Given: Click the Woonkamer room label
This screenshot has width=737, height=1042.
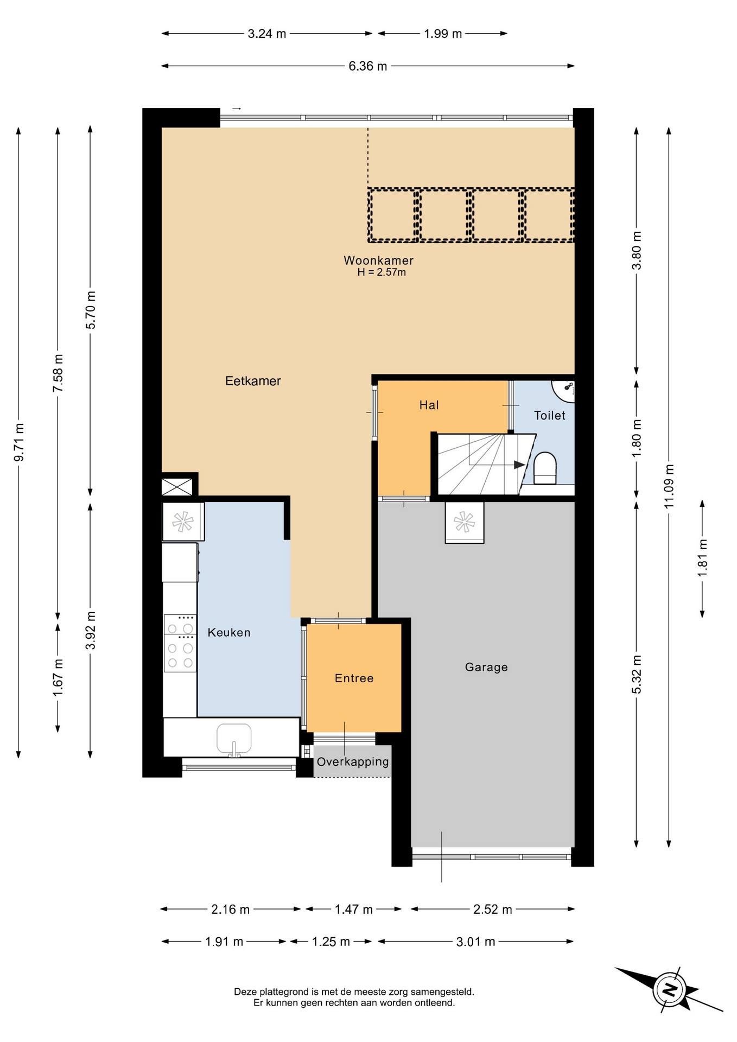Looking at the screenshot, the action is pos(378,260).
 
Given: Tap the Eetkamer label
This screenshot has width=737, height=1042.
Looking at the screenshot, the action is pos(253,381).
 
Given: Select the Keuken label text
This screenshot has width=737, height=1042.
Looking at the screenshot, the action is pos(229,632).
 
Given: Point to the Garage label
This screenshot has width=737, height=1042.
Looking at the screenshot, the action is pos(486,667).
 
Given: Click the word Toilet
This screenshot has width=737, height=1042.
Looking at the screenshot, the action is pos(550,416).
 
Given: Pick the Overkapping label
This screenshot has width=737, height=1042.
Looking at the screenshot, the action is pos(353,762).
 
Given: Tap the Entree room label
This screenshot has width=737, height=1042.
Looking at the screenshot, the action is pos(354,678).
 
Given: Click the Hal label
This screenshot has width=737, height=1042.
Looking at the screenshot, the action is pos(429,405).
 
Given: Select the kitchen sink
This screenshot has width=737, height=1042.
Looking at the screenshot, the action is pos(234,739).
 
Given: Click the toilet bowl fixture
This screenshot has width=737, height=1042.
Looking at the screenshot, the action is pos(545,468).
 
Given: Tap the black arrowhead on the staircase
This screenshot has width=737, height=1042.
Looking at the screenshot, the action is pos(519,465).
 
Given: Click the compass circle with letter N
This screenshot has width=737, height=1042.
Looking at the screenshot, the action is pos(670,990).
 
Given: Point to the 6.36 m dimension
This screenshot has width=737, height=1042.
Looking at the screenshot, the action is pos(368,66).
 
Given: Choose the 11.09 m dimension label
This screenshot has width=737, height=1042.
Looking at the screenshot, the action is pos(669,486).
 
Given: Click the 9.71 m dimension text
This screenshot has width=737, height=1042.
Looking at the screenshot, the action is pos(18,442).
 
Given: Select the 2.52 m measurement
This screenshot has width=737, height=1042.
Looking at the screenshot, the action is pos(493,910).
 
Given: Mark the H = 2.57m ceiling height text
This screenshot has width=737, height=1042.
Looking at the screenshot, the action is pos(382,272).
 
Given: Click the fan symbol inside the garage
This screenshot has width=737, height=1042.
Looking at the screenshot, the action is pos(464,522).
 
